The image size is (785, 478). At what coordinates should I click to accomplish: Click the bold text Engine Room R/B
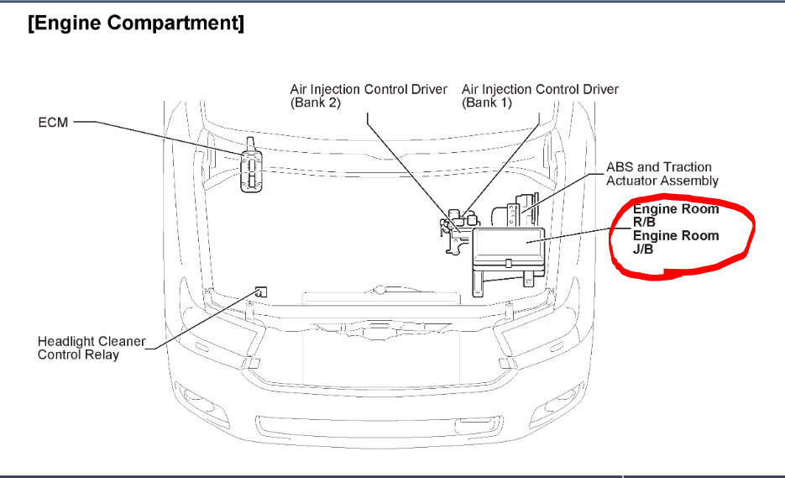tap(676, 215)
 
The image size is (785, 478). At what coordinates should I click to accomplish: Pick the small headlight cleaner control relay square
tap(260, 292)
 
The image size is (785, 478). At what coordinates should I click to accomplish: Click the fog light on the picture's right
tap(567, 397)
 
